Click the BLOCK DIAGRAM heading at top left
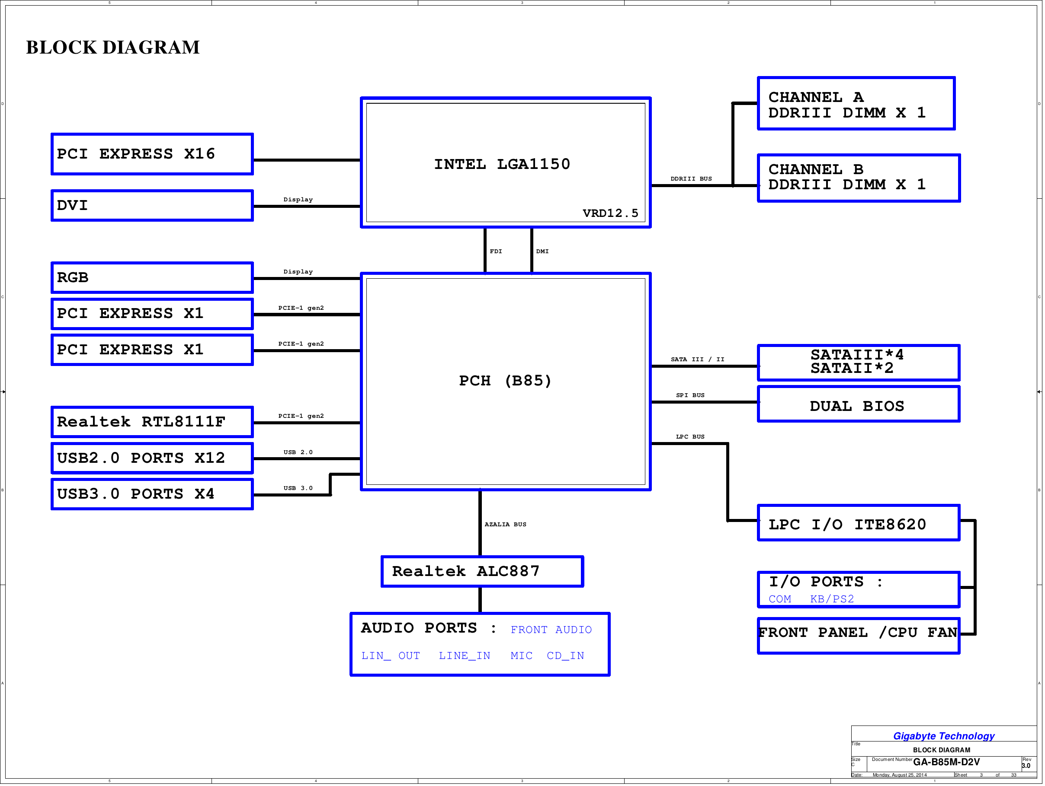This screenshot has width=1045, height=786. click(x=113, y=47)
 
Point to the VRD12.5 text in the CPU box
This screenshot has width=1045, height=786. click(x=610, y=213)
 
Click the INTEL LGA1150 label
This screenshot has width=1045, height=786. click(x=502, y=164)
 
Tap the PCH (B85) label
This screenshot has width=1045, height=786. click(x=506, y=381)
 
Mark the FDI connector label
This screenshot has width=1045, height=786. click(x=496, y=251)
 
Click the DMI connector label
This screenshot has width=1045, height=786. click(x=542, y=251)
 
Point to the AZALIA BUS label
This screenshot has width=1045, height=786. click(x=506, y=524)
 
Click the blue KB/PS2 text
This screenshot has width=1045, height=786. click(x=832, y=598)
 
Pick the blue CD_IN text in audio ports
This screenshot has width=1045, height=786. click(x=565, y=656)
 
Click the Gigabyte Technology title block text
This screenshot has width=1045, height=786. click(x=944, y=736)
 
